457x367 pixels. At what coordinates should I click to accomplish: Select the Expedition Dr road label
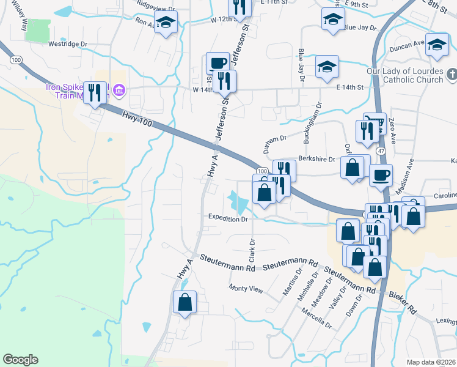point(227,218)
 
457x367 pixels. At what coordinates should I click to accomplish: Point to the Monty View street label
point(245,289)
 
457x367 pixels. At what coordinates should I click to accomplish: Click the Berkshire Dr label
point(316,159)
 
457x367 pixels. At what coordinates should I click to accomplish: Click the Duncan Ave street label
point(410,43)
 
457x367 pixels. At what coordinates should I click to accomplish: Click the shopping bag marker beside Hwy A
point(185,302)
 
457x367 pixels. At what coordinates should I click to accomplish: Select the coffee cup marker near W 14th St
point(218,62)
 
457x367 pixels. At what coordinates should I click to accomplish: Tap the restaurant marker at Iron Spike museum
point(95,92)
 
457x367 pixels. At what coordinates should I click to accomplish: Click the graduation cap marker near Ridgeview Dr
point(164,23)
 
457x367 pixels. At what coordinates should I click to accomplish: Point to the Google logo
point(20,360)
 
